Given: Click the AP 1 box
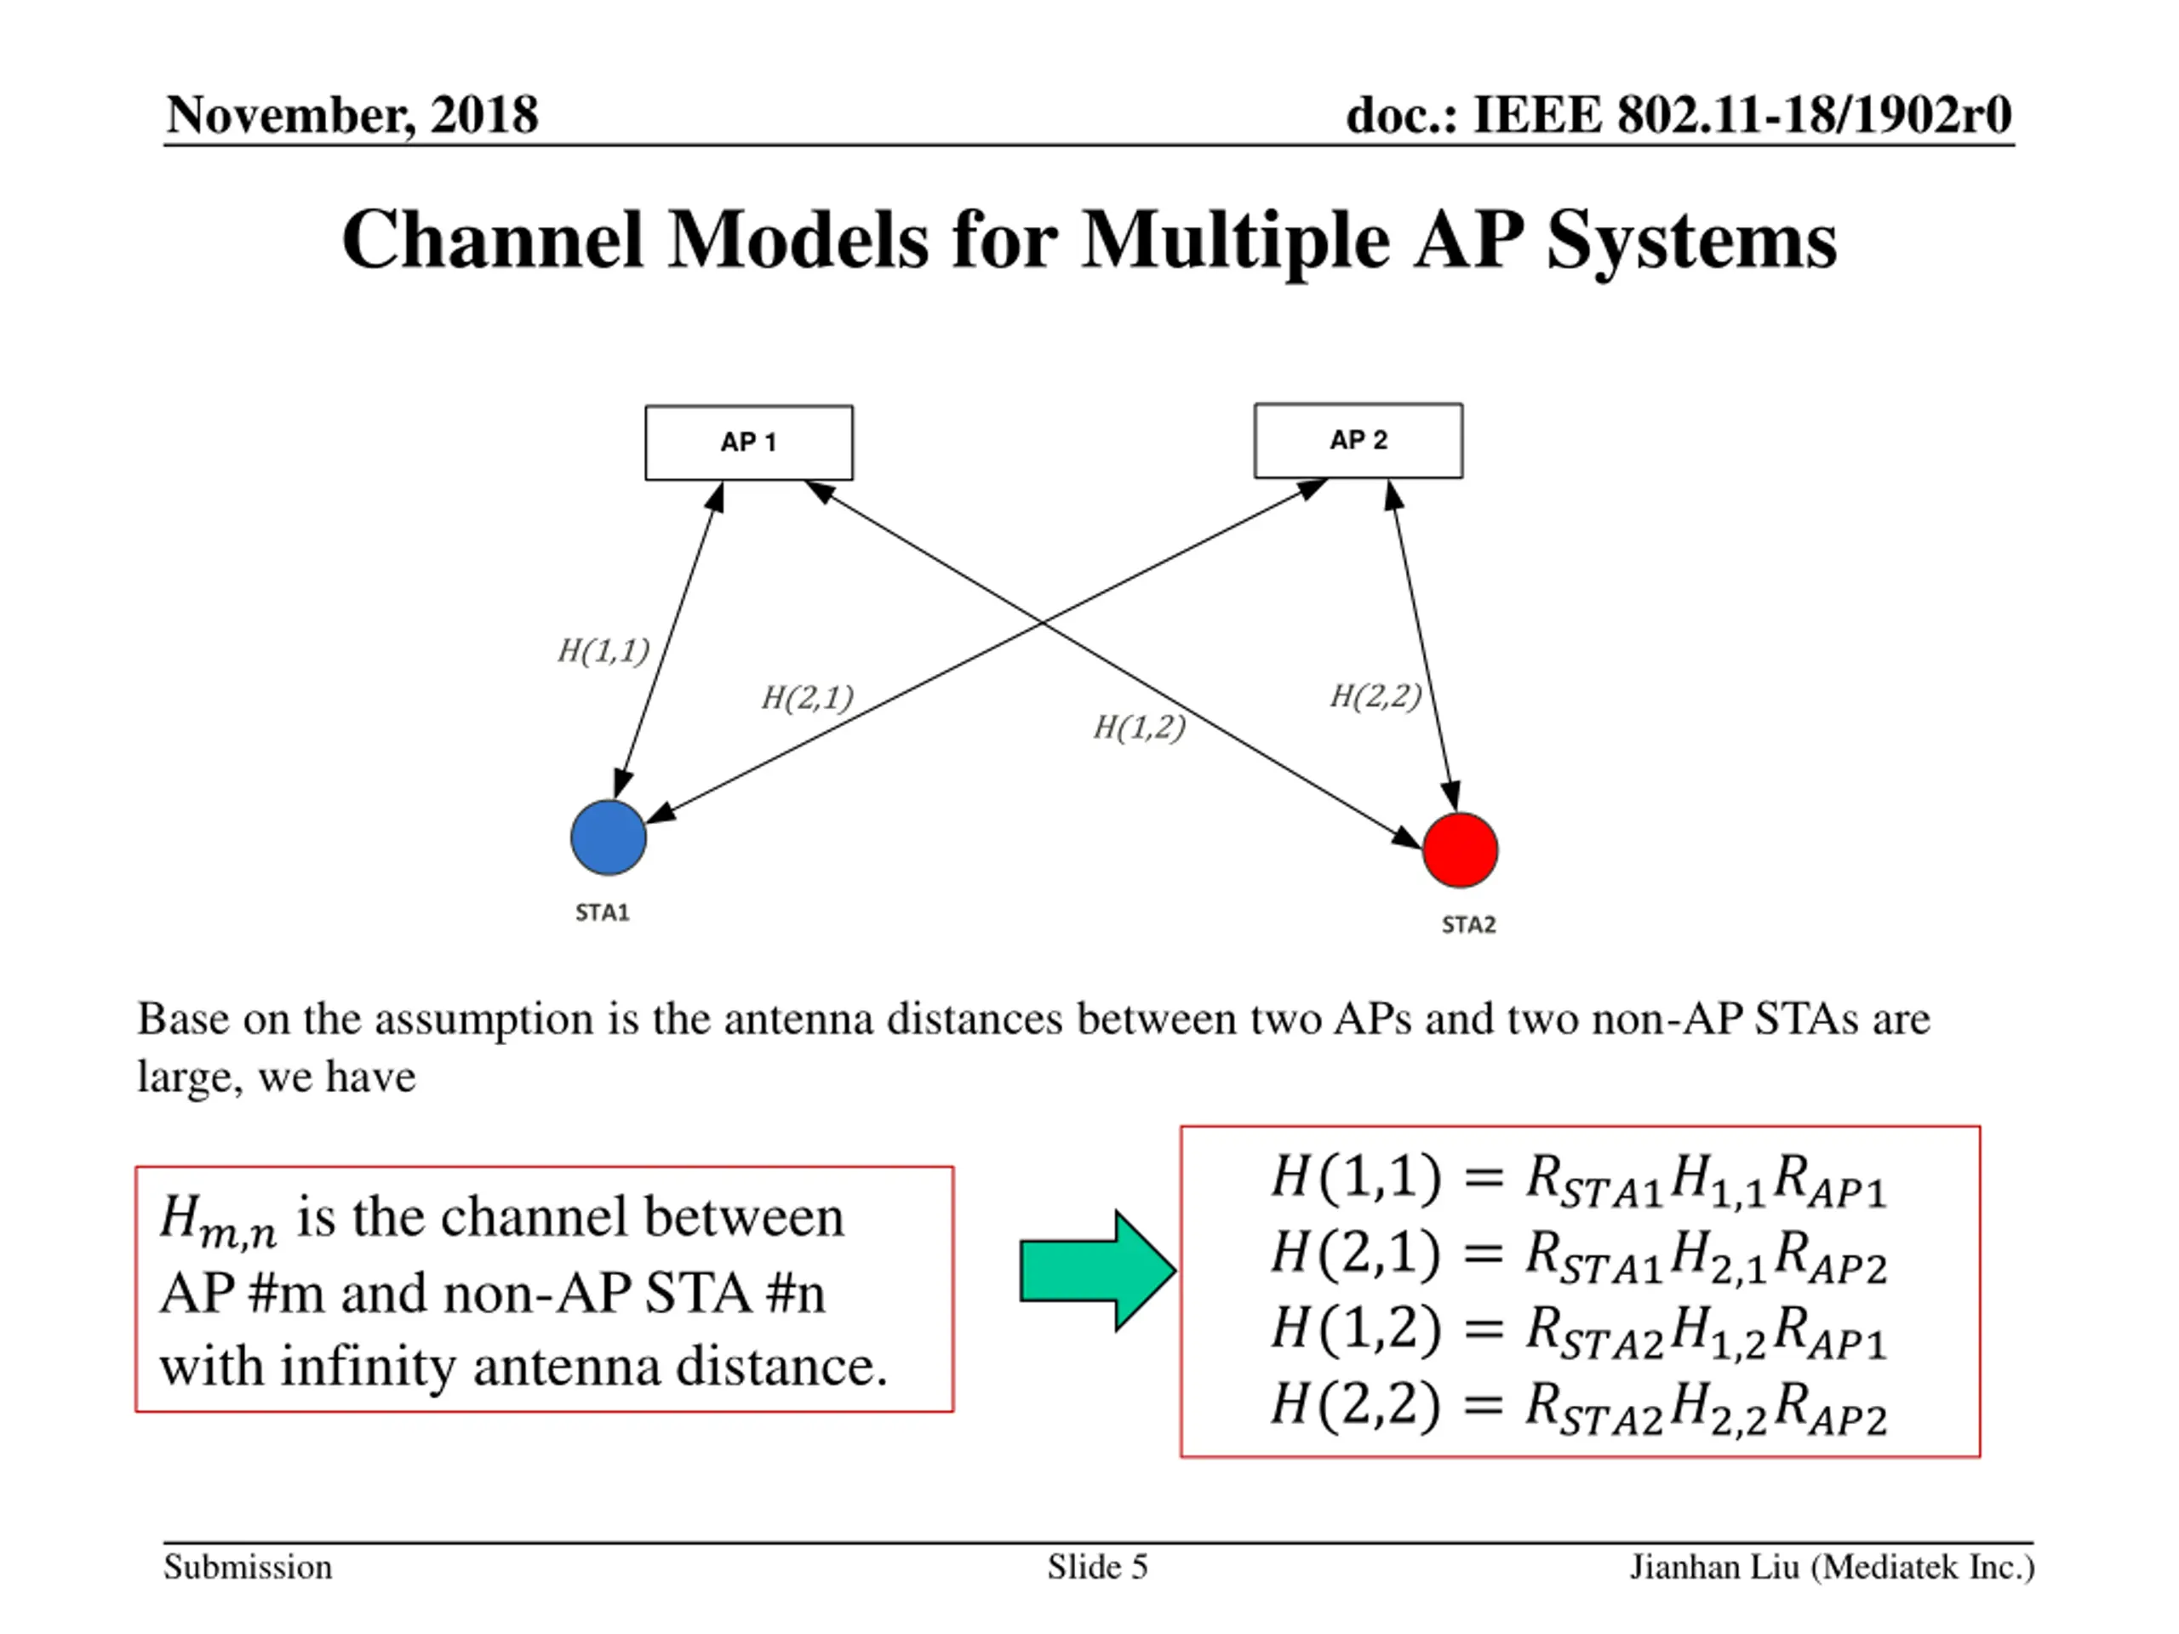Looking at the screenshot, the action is coord(749,443).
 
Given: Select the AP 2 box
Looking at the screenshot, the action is coord(1358,440).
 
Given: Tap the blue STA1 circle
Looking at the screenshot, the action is coord(609,837).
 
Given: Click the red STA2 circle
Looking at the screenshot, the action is coord(1460,850).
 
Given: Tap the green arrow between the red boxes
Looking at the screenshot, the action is coord(1097,1271).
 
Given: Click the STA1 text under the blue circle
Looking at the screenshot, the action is coord(602,913).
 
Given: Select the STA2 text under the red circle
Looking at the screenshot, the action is coord(1469,925).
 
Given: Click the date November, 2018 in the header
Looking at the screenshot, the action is coord(352,115).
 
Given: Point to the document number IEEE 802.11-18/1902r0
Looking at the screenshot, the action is coord(1741,115).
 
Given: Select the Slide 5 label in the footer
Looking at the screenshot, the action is coord(1097,1567).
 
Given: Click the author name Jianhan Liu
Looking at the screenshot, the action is coord(1715,1567).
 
